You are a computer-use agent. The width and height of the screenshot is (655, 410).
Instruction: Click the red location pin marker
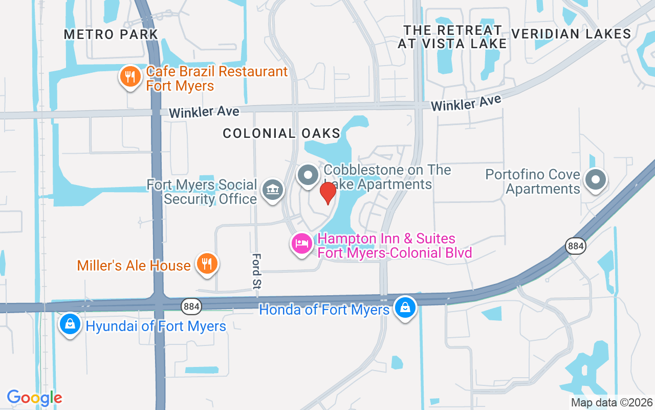(327, 193)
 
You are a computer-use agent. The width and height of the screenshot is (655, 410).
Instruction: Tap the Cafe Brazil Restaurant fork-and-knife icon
(130, 77)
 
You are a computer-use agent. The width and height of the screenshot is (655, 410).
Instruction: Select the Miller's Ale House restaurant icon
(207, 264)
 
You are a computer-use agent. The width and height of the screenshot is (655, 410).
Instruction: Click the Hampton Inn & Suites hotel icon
(302, 243)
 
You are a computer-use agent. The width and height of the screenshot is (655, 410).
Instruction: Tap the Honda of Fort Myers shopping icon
(405, 307)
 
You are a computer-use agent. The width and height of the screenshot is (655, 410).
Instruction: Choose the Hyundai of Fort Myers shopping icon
(70, 324)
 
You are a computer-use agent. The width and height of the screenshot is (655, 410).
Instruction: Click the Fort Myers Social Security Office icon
(273, 190)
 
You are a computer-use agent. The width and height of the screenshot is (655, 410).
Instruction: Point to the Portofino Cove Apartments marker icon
(595, 180)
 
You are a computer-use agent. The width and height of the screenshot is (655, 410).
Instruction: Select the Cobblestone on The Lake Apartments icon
(308, 175)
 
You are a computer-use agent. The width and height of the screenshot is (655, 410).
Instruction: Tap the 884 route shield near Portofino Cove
(576, 246)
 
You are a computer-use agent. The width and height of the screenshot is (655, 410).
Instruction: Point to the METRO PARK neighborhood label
(111, 34)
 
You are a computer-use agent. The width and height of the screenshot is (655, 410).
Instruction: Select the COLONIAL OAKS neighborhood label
(281, 133)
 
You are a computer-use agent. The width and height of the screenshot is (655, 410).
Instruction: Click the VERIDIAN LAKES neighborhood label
(571, 34)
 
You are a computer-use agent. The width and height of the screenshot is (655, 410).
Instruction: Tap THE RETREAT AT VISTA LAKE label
(452, 37)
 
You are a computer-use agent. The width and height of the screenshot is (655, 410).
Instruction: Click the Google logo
(34, 398)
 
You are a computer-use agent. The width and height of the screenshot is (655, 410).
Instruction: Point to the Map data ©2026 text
(612, 402)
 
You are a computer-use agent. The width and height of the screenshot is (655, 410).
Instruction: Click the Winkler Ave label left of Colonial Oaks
(204, 112)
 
